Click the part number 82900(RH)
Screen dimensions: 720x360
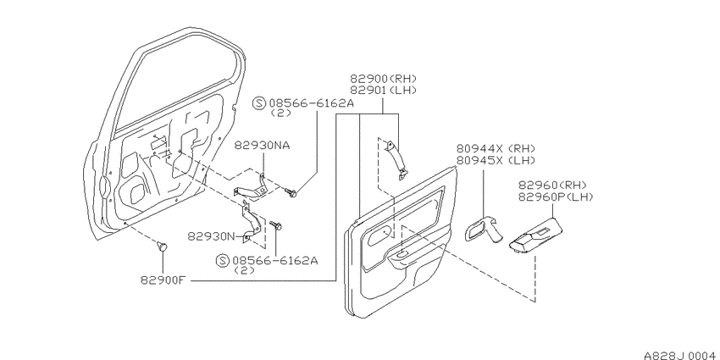384,79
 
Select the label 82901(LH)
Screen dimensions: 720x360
384,91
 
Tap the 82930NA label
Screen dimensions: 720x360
263,145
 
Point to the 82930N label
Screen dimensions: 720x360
210,236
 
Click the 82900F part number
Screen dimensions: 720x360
163,280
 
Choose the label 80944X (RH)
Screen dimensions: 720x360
496,148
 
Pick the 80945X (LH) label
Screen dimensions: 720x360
496,160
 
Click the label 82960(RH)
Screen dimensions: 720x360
553,185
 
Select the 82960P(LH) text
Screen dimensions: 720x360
556,197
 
